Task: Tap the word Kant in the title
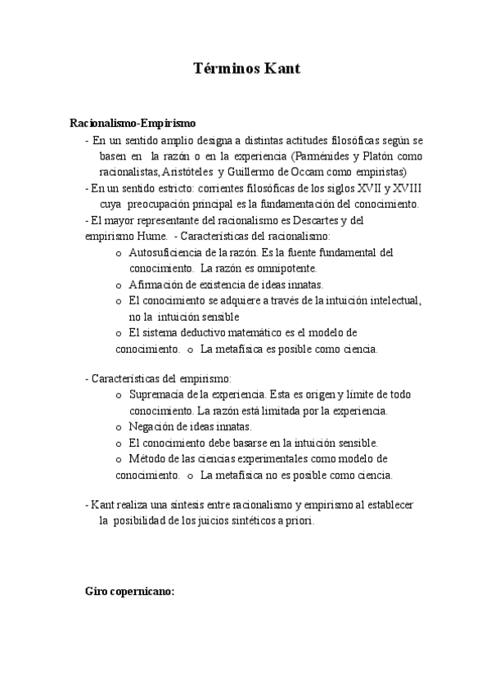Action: click(282, 69)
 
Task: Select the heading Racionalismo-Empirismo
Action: click(133, 124)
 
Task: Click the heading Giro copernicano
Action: click(130, 591)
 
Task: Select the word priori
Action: click(299, 520)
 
